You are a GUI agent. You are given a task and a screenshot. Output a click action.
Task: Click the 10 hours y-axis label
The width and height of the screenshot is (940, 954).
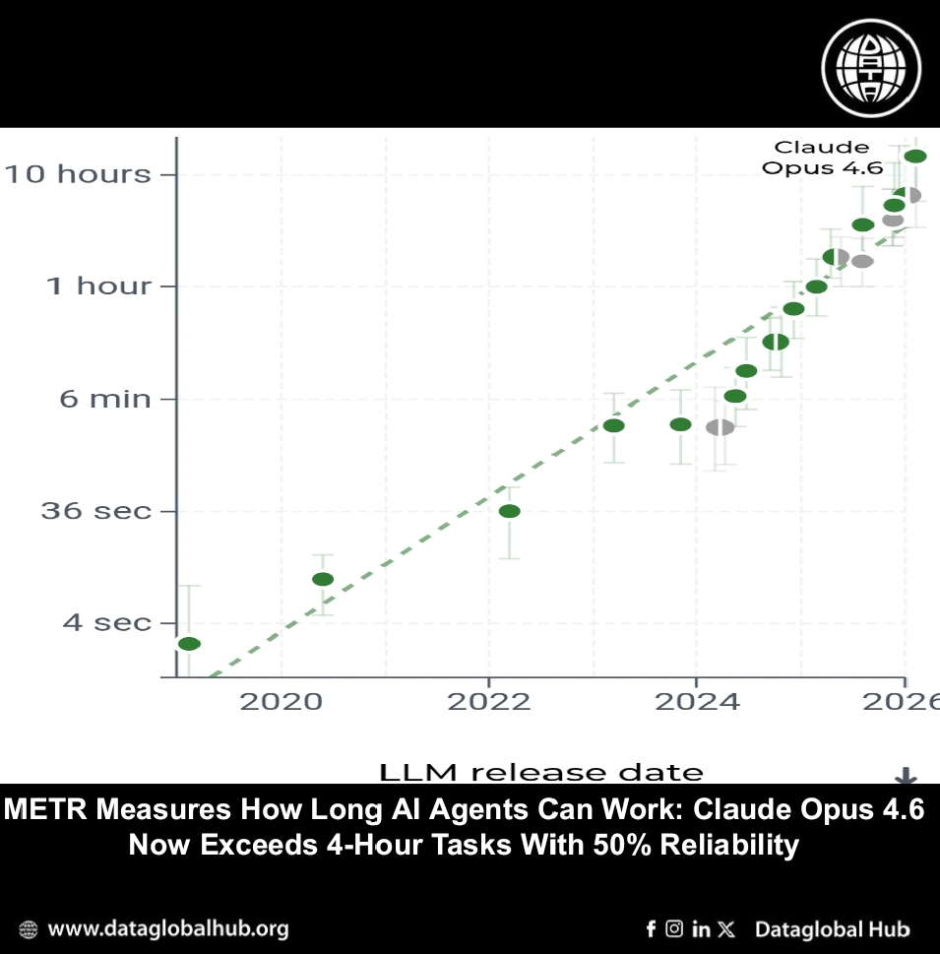pos(78,174)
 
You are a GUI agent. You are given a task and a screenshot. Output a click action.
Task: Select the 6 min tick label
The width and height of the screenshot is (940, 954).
pos(105,399)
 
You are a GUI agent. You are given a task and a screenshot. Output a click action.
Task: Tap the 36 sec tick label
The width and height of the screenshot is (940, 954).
pos(95,511)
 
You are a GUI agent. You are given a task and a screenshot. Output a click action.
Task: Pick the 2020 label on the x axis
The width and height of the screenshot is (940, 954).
pos(282,701)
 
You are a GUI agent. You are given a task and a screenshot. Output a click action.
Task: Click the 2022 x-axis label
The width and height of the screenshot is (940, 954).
pos(488,701)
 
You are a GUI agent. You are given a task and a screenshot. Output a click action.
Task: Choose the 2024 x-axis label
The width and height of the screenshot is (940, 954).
pos(695,701)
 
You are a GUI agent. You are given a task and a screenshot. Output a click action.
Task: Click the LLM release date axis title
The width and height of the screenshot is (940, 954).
pos(541,773)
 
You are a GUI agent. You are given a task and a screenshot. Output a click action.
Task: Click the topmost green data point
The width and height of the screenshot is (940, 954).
pos(915,157)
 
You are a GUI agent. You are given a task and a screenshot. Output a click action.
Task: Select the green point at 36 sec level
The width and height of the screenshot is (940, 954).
pos(509,511)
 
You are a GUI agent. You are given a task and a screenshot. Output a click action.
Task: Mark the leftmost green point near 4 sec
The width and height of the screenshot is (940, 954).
pos(189,644)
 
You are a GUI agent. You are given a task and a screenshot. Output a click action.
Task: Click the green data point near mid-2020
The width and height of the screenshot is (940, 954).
pos(323,579)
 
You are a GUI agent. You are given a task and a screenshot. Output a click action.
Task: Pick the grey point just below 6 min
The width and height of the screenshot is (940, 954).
pos(720,427)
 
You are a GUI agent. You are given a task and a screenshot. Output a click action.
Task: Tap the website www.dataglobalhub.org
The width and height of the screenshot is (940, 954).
pos(167,928)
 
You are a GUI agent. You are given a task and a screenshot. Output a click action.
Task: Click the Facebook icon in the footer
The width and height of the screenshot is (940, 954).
pos(651,928)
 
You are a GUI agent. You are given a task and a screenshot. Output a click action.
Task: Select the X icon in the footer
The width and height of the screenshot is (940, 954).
pos(726,928)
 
